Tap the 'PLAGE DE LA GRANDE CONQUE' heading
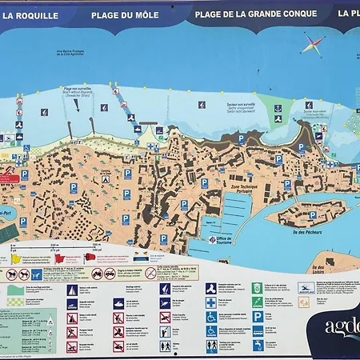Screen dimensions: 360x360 (256, 14)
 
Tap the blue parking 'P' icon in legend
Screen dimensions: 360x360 (257, 317)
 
